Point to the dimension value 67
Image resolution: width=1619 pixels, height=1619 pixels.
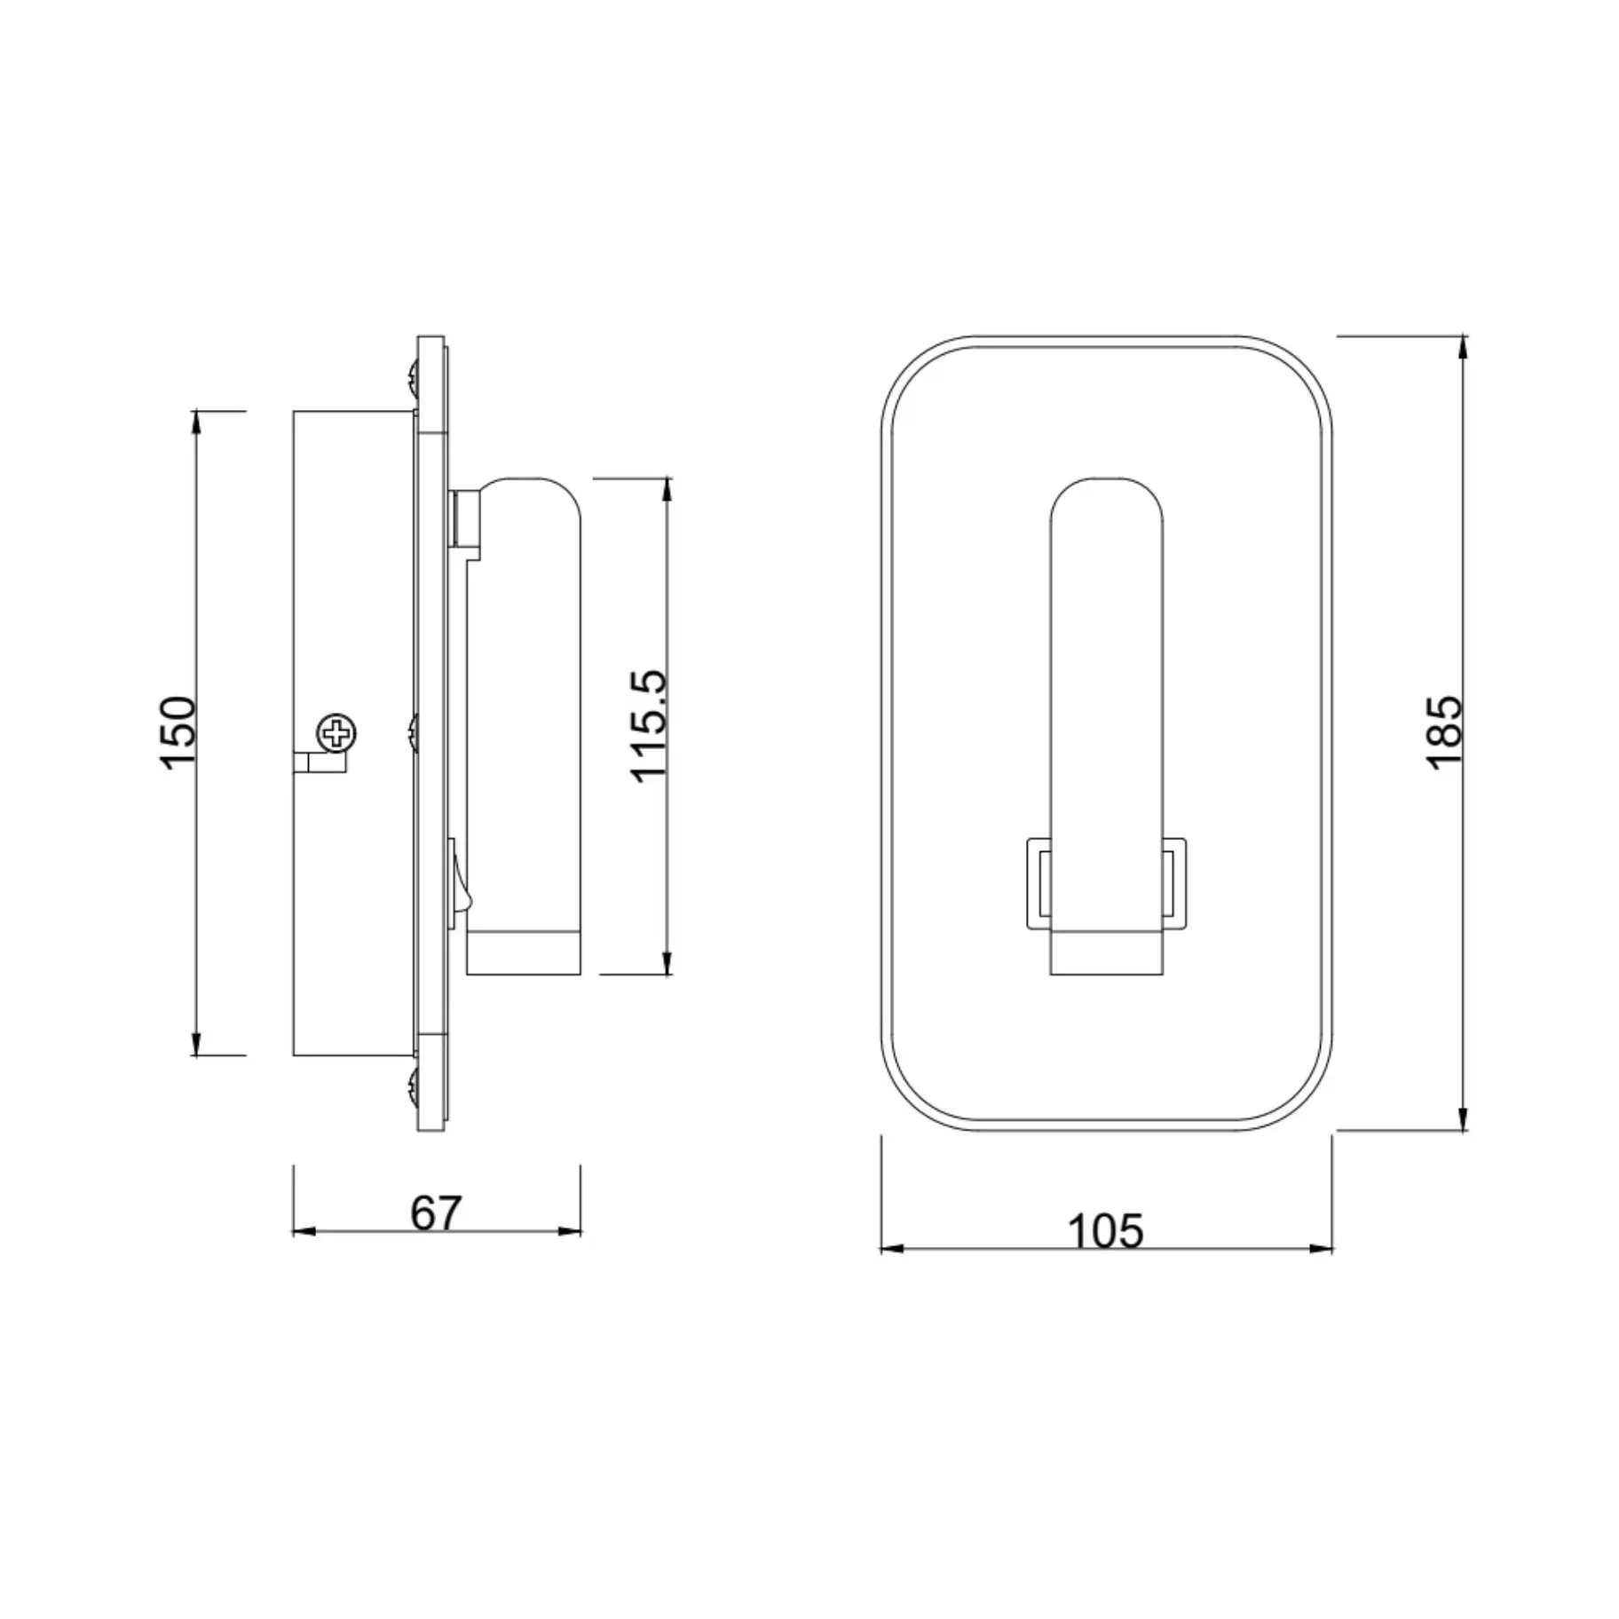coord(436,1212)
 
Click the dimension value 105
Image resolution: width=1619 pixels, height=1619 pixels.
coord(1105,1230)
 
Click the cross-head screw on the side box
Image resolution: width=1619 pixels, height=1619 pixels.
coord(337,733)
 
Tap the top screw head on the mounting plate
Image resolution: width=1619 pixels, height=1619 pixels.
coord(413,377)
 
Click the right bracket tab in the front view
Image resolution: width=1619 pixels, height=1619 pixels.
coord(1173,883)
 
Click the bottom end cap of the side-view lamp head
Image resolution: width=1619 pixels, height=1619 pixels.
coord(523,953)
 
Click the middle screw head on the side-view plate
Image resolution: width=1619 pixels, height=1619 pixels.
coord(413,733)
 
